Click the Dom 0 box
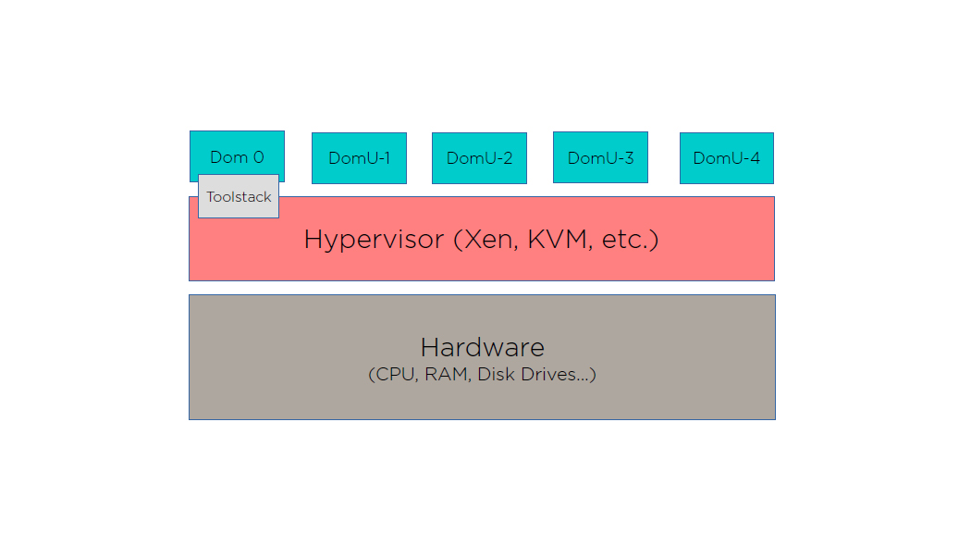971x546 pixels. pyautogui.click(x=237, y=151)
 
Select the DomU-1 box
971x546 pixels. pyautogui.click(x=359, y=158)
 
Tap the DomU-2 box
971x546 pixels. pyautogui.click(x=479, y=158)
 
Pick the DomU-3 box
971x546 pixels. pyautogui.click(x=600, y=157)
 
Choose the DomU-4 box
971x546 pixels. pyautogui.click(x=726, y=158)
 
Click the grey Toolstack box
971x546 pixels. pyautogui.click(x=239, y=196)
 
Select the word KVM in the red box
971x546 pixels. pyautogui.click(x=560, y=239)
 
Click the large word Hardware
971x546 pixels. pyautogui.click(x=482, y=348)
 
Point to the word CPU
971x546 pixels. pyautogui.click(x=396, y=375)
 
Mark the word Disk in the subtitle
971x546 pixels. pyautogui.click(x=495, y=375)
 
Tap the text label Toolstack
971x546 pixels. pyautogui.click(x=239, y=197)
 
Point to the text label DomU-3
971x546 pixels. pyautogui.click(x=600, y=158)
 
